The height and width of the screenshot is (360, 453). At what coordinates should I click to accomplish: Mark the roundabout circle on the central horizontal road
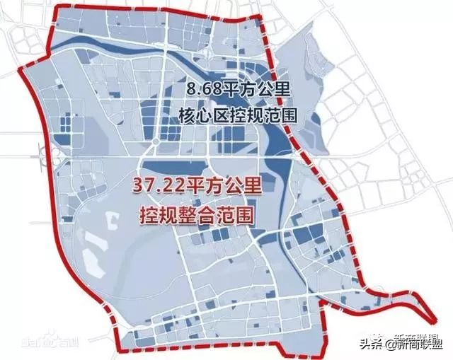pyautogui.click(x=153, y=149)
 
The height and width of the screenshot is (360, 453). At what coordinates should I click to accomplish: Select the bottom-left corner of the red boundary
pyautogui.click(x=122, y=352)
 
